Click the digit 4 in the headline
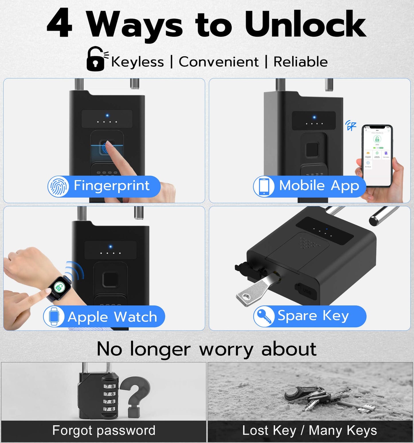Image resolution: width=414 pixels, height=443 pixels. [59, 23]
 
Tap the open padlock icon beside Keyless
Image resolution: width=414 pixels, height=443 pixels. [96, 59]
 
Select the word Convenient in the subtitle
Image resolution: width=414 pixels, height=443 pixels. [218, 62]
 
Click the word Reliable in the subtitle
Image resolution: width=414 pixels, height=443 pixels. [301, 62]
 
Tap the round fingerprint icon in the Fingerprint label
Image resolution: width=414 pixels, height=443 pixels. [58, 186]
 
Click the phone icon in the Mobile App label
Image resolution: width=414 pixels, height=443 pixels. [264, 186]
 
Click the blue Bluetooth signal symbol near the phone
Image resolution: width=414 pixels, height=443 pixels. [351, 125]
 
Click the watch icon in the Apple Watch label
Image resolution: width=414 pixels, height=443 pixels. [54, 316]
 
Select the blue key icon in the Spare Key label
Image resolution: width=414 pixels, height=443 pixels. [264, 316]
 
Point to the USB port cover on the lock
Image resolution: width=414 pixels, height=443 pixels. [305, 291]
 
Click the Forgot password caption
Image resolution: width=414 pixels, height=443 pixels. [104, 430]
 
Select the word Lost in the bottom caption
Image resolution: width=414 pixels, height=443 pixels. [255, 430]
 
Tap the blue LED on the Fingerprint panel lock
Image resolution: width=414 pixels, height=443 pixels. [107, 115]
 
